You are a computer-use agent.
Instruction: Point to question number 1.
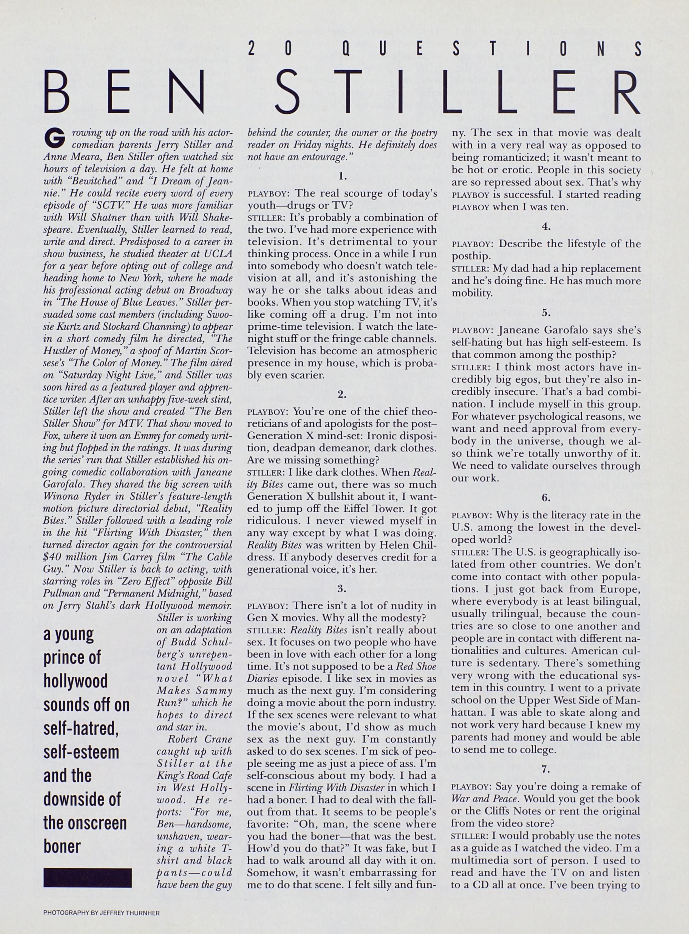tap(342, 176)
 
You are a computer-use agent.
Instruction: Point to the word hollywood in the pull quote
tap(76, 681)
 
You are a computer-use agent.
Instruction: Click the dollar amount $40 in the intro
tap(53, 558)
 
